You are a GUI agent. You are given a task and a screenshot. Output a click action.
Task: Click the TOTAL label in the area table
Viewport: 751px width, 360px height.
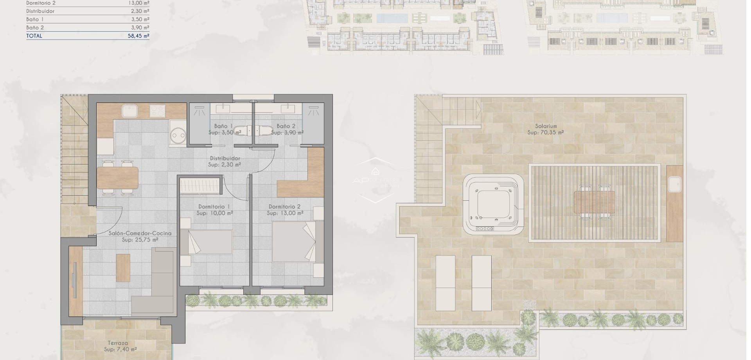tap(34, 36)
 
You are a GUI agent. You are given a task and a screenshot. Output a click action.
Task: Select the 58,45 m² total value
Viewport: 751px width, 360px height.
tap(136, 36)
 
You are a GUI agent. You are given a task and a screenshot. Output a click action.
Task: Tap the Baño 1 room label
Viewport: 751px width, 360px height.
tap(223, 126)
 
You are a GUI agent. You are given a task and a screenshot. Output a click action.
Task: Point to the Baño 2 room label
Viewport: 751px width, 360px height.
tap(286, 126)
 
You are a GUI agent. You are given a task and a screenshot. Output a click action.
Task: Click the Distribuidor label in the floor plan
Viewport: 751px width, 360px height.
tap(225, 158)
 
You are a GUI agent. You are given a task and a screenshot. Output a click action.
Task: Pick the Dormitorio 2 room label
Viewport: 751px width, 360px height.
tap(284, 207)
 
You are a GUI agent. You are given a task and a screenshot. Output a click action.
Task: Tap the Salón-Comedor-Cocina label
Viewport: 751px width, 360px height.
tap(140, 233)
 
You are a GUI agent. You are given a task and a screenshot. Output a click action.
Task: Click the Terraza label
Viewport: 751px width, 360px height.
tap(118, 343)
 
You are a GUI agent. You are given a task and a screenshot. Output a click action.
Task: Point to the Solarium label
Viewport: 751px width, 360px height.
tap(546, 126)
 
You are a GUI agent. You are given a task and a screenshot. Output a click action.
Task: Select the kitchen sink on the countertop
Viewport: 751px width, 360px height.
tap(128, 111)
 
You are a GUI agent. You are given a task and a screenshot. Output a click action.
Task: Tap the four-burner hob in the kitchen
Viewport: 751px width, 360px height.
tap(157, 111)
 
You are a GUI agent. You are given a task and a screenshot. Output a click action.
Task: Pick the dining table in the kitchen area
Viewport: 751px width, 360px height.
tap(117, 178)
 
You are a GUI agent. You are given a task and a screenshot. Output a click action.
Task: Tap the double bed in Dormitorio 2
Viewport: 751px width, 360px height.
tap(294, 242)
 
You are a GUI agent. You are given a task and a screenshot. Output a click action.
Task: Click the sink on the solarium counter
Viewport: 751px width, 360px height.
tap(675, 184)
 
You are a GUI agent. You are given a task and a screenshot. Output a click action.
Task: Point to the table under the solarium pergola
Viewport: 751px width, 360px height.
tap(594, 202)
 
